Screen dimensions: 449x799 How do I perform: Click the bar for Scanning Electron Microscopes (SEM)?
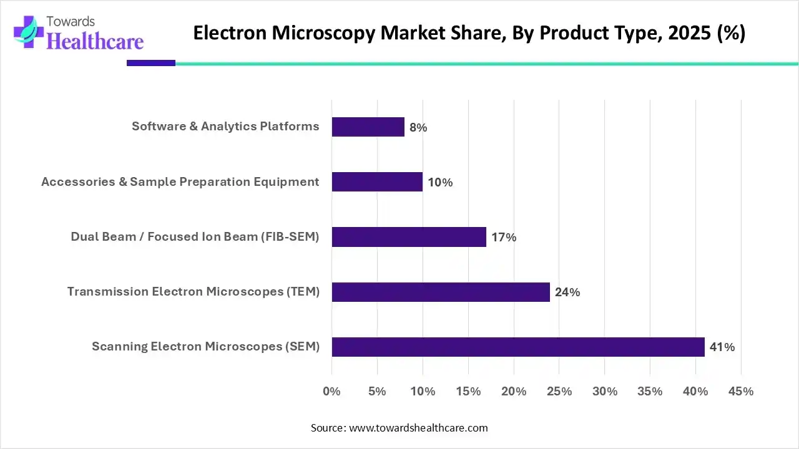(x=518, y=347)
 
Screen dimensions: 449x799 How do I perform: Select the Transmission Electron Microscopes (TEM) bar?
(x=441, y=292)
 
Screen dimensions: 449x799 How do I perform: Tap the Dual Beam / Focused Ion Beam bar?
(x=409, y=237)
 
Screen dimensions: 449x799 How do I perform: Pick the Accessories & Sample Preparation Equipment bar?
(x=377, y=182)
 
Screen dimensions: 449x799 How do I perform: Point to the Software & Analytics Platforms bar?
(x=368, y=127)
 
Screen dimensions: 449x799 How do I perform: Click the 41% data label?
(x=722, y=347)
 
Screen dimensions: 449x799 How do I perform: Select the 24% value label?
(x=567, y=292)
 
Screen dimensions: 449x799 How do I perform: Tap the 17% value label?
(x=504, y=238)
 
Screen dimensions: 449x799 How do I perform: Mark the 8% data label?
(x=418, y=128)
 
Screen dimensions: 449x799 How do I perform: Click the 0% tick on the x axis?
(x=331, y=392)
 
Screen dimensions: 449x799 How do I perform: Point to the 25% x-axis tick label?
(x=559, y=392)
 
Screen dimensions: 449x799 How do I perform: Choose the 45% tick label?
(x=741, y=392)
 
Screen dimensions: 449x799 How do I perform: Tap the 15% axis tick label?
(x=468, y=392)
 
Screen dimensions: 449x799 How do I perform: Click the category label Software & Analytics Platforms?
(x=225, y=127)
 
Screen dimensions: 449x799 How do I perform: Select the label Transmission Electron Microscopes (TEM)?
(x=194, y=291)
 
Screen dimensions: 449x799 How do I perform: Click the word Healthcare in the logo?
(x=96, y=41)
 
